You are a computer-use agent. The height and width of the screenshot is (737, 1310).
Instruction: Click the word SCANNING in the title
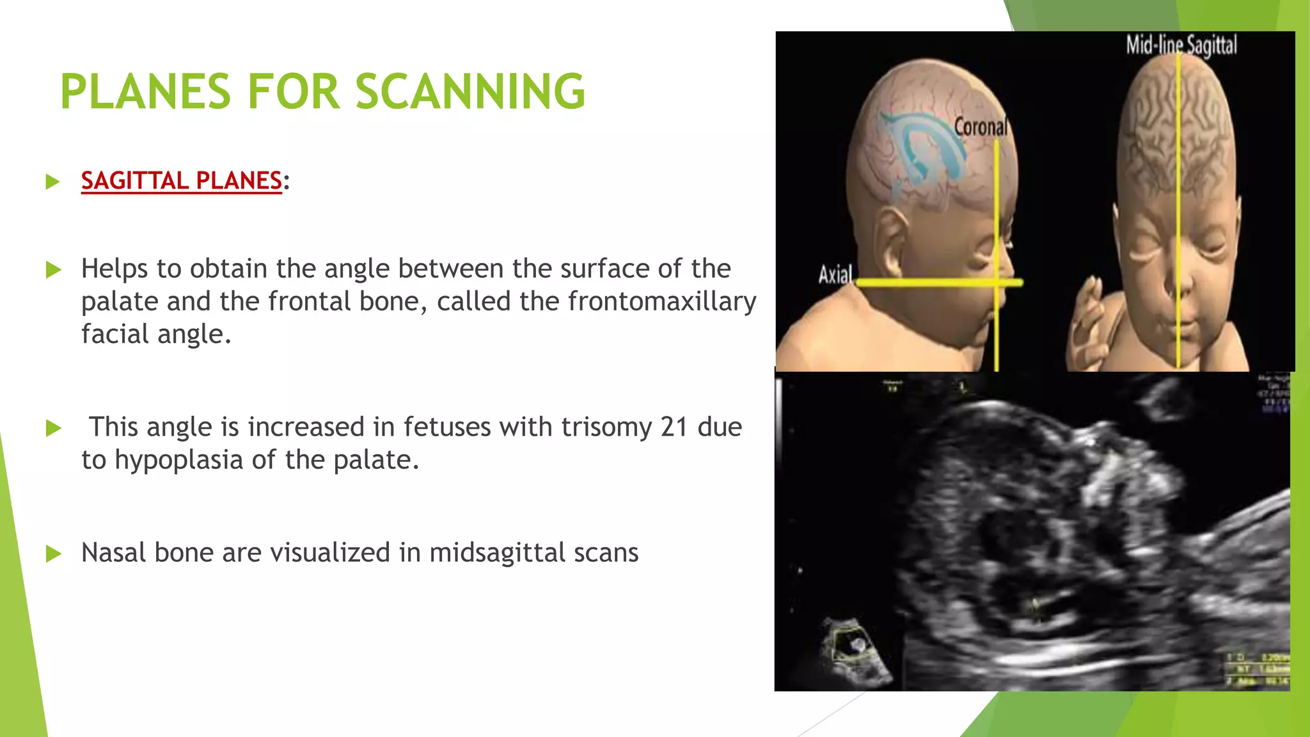pyautogui.click(x=470, y=91)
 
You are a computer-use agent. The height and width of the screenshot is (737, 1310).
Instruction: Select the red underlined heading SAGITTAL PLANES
pyautogui.click(x=182, y=181)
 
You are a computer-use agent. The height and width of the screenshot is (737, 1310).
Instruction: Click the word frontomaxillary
pyautogui.click(x=662, y=301)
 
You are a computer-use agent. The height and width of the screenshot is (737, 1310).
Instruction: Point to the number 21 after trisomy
pyautogui.click(x=674, y=427)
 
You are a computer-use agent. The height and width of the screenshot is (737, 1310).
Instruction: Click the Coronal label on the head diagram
pyautogui.click(x=980, y=127)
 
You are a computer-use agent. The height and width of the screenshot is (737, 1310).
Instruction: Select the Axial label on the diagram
pyautogui.click(x=835, y=274)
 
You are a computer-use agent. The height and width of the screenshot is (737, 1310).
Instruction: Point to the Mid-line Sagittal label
pyautogui.click(x=1181, y=45)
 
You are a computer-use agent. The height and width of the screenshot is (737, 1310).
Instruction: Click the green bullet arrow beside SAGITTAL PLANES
pyautogui.click(x=54, y=182)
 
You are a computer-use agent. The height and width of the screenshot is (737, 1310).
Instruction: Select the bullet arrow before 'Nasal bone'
pyautogui.click(x=54, y=553)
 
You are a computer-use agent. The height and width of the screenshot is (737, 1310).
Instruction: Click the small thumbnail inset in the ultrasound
pyautogui.click(x=855, y=649)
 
